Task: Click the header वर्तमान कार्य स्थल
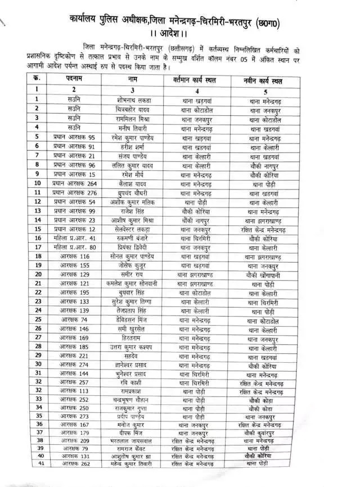click(x=197, y=82)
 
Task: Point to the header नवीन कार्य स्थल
click(x=264, y=82)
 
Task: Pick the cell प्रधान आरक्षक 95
click(x=75, y=138)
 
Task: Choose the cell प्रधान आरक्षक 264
click(x=75, y=183)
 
